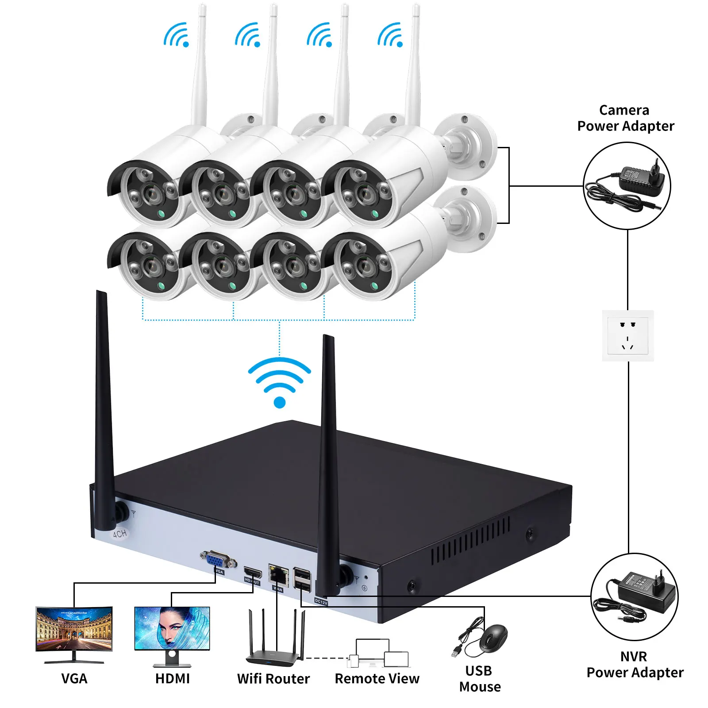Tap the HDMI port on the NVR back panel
253,574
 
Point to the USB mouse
493,638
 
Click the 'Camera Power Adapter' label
625,118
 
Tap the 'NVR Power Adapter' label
635,664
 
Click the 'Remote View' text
377,678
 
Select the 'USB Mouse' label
480,678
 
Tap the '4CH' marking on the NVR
119,534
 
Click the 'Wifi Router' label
273,678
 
